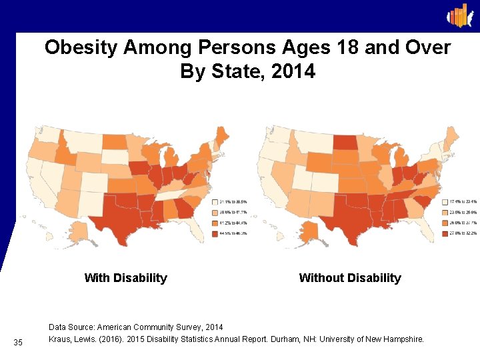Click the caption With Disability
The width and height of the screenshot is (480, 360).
click(x=125, y=278)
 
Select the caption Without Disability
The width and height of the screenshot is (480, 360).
click(x=350, y=278)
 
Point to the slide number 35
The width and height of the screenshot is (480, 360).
click(x=18, y=343)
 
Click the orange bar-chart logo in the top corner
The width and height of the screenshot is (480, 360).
click(x=459, y=15)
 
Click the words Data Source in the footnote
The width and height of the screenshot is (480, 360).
click(x=71, y=327)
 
